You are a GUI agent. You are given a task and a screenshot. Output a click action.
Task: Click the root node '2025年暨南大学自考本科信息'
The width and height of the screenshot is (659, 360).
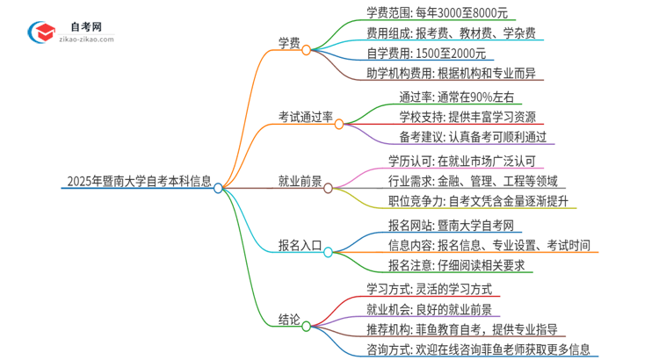coord(138,184)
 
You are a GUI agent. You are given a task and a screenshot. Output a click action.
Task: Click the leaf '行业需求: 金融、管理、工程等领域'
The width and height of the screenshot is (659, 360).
coord(473,182)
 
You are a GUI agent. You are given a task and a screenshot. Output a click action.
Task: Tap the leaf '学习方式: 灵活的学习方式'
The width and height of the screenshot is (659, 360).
coord(429,287)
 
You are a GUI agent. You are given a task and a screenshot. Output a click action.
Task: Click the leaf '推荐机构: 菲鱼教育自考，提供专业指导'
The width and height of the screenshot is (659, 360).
coord(474,329)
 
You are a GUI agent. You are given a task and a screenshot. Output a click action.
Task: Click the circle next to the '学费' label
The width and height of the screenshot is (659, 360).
coord(307,50)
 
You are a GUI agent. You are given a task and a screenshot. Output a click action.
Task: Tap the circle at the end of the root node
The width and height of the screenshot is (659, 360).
coord(219,187)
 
